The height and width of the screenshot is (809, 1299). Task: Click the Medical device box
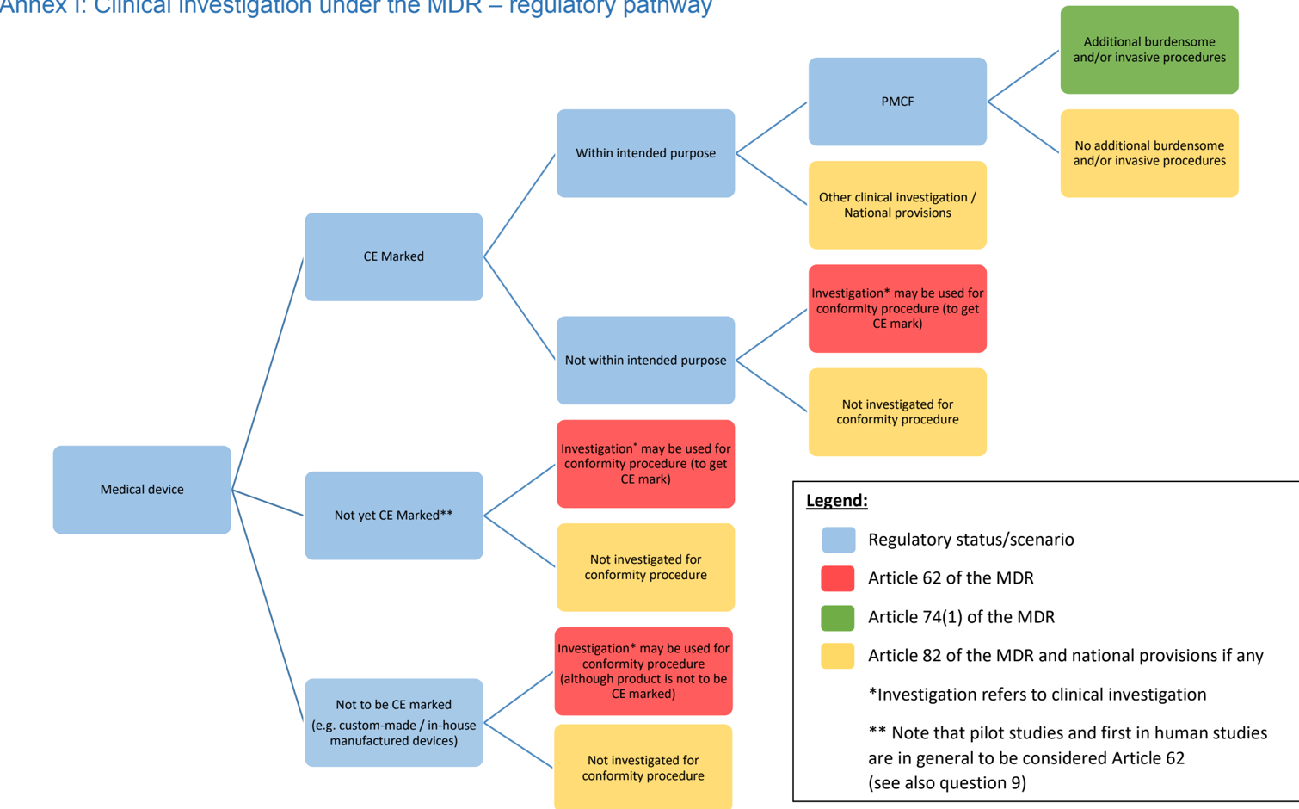142,489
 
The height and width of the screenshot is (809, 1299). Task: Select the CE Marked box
393,256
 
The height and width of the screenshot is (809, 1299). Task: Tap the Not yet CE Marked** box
393,515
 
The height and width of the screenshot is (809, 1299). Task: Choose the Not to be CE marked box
393,722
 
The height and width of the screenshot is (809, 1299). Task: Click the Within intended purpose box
645,153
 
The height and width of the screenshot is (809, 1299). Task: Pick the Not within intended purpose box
645,360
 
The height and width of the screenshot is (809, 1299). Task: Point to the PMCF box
897,102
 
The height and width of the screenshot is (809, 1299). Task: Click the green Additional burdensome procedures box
1149,50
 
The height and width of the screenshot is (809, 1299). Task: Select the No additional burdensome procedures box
1149,153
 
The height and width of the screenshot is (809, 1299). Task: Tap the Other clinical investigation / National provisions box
897,205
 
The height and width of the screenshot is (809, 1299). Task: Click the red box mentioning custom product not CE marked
643,670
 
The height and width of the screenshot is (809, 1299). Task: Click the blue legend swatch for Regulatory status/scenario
838,540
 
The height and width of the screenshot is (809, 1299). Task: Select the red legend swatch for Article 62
838,578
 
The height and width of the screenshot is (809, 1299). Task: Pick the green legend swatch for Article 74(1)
838,617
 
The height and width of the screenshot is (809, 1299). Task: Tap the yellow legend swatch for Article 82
838,656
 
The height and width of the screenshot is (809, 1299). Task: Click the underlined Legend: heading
836,500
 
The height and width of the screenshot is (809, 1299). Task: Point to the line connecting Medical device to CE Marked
268,374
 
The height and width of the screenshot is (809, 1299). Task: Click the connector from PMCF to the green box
1024,76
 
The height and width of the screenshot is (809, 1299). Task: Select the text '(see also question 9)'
946,782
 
